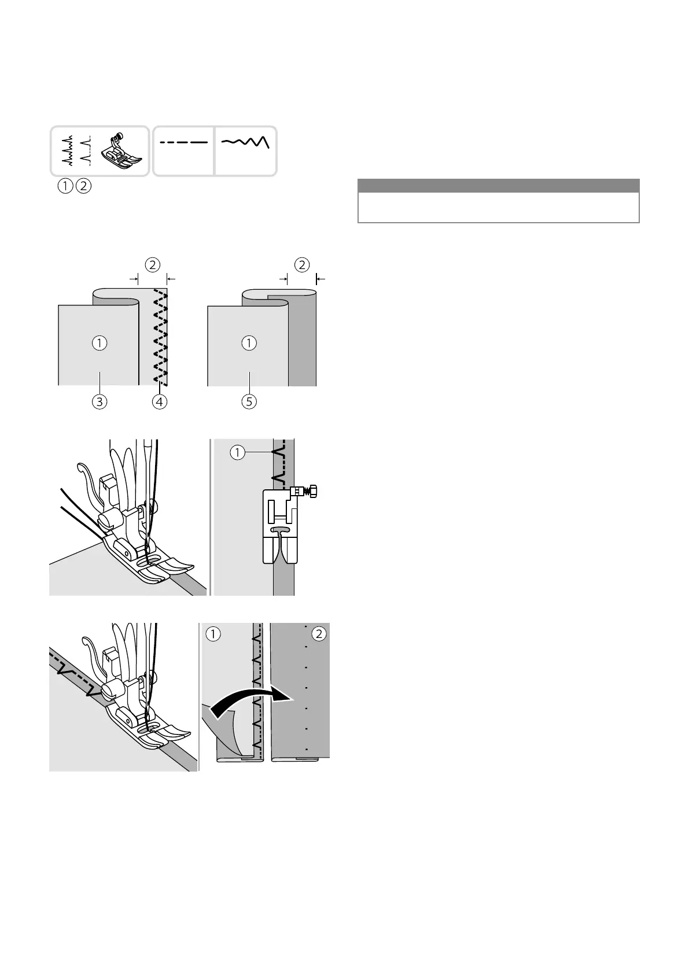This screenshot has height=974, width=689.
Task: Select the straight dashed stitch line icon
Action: pyautogui.click(x=184, y=142)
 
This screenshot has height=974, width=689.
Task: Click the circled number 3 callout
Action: pyautogui.click(x=100, y=401)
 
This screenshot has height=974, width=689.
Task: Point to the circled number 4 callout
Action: pyautogui.click(x=160, y=401)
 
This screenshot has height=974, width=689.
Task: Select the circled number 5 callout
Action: pyautogui.click(x=249, y=401)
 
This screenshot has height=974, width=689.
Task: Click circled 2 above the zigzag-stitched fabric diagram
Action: pyautogui.click(x=152, y=265)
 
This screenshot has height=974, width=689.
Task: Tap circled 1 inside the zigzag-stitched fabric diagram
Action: pyautogui.click(x=100, y=343)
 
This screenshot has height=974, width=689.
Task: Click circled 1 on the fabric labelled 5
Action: pyautogui.click(x=249, y=343)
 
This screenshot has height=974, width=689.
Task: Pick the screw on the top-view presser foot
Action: pyautogui.click(x=313, y=492)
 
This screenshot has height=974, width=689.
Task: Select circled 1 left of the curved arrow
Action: pyautogui.click(x=213, y=634)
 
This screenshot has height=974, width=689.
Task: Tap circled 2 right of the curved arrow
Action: pyautogui.click(x=319, y=634)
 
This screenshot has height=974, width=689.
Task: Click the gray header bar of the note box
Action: pyautogui.click(x=498, y=186)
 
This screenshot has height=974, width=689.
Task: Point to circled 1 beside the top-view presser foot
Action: pyautogui.click(x=237, y=452)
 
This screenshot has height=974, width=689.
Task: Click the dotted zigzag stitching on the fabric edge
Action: pyautogui.click(x=160, y=339)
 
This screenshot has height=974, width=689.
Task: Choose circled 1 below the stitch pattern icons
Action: pyautogui.click(x=65, y=186)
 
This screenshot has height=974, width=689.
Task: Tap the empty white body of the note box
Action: pyautogui.click(x=498, y=207)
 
